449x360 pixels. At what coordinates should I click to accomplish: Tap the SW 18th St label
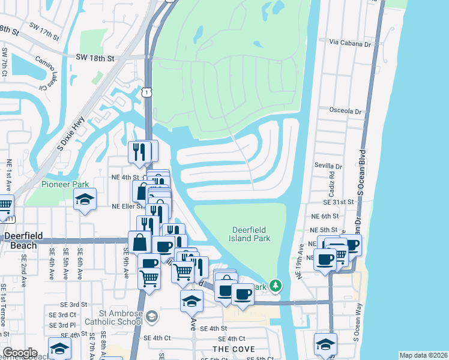[x=95, y=58]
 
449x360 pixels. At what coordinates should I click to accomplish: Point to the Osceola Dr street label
[x=345, y=111]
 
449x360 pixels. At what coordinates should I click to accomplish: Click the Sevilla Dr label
[x=328, y=166]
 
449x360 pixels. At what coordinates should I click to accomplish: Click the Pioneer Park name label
[x=65, y=184]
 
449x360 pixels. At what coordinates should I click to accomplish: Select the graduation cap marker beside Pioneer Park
[x=85, y=199]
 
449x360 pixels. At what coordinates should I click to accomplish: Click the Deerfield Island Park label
[x=252, y=234]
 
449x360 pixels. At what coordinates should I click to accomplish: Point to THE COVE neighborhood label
[x=234, y=349]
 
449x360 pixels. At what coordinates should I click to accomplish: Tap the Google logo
[x=19, y=353]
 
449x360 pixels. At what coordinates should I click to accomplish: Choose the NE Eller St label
[x=127, y=206]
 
